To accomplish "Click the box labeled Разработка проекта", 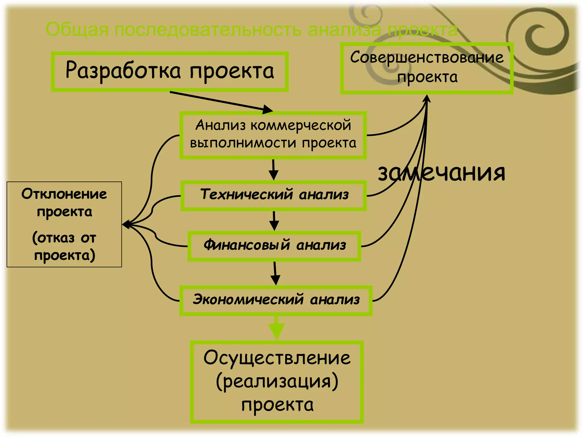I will (x=170, y=71).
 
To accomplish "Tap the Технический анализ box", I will (x=274, y=195).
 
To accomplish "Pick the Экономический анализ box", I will (x=276, y=300).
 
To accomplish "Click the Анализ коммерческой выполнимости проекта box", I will (x=273, y=135).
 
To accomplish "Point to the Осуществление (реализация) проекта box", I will (x=277, y=381).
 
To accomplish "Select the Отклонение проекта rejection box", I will (x=64, y=224).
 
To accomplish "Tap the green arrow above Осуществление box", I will (x=276, y=329).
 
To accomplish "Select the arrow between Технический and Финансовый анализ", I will (x=274, y=221).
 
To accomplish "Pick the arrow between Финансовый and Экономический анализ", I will (x=275, y=273).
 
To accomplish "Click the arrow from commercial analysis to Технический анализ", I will (x=273, y=170).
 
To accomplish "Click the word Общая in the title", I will (x=77, y=30).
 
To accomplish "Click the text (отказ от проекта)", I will (x=64, y=246).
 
